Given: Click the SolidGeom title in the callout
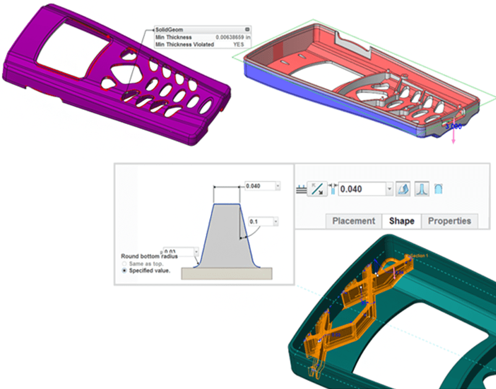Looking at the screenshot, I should pos(169,30).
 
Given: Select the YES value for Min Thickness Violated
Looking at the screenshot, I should pos(238,45).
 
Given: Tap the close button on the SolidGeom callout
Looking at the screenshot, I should pos(247,29).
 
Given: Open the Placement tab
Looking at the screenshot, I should pos(353,221).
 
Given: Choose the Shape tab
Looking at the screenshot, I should pos(401,221).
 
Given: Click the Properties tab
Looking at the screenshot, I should pos(449,221).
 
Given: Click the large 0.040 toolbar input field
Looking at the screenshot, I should pos(363,188).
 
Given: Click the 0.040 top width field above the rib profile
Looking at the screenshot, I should pos(259,186).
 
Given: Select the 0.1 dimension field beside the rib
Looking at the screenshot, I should pos(260,221).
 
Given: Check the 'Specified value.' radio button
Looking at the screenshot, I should pos(125,270).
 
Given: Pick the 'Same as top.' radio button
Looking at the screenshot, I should pos(125,263).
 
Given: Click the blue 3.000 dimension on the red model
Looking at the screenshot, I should pos(453,126).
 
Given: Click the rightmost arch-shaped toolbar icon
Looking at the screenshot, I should pos(440,188).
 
